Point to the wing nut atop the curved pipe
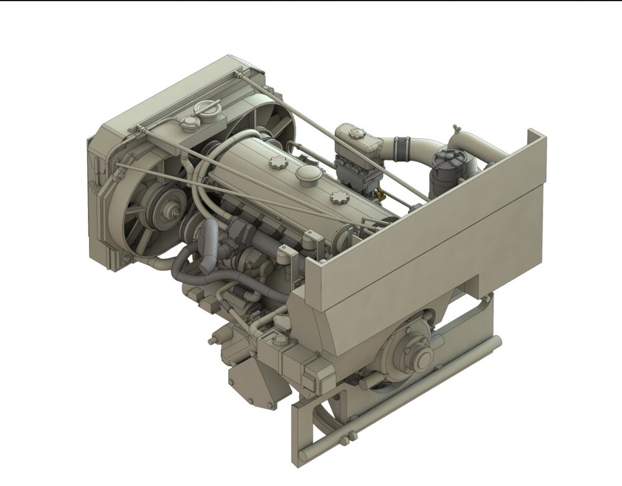pos(456,128)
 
